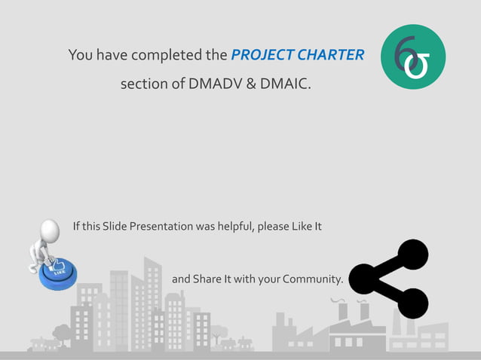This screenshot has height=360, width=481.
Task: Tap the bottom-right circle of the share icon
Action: point(412,303)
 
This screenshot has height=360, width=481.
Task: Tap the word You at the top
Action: point(80,55)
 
